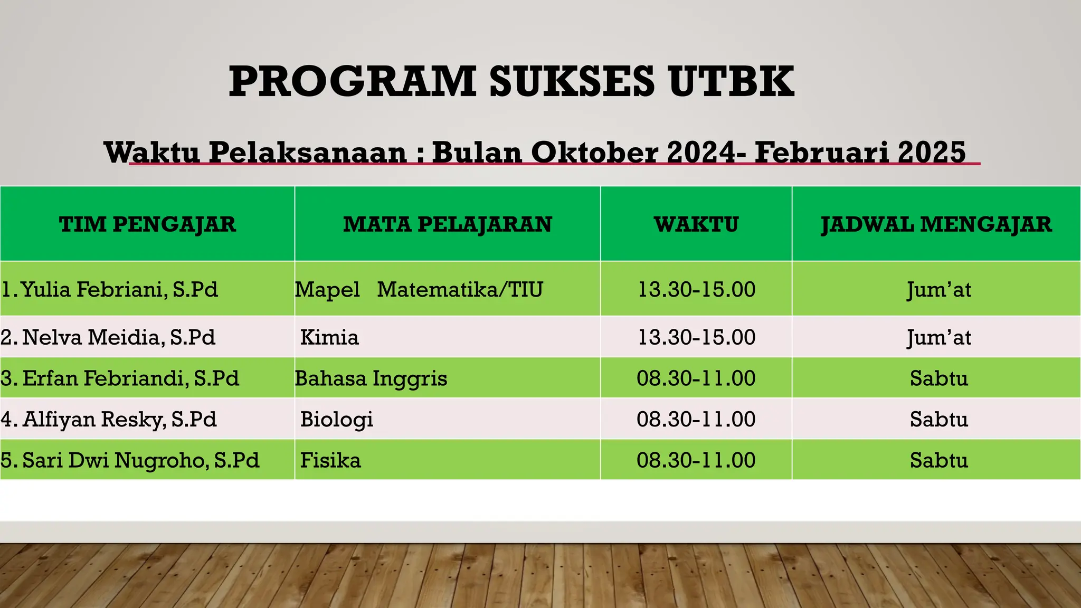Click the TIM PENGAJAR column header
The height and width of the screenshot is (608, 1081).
click(x=147, y=224)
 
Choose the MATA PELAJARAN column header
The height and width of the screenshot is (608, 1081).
click(x=447, y=224)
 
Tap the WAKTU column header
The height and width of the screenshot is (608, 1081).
click(x=696, y=224)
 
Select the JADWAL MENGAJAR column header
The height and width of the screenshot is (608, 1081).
click(x=936, y=224)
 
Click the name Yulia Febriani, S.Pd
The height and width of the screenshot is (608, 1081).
click(x=110, y=289)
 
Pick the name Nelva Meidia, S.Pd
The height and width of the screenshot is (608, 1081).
click(x=108, y=337)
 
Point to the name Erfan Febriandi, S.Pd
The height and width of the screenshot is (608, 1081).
click(x=120, y=378)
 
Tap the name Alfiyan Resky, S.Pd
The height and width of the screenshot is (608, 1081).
click(x=109, y=419)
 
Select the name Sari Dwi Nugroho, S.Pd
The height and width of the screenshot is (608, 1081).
click(x=130, y=460)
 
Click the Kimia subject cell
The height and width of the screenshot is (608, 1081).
click(x=329, y=337)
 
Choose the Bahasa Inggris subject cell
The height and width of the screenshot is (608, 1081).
click(x=371, y=378)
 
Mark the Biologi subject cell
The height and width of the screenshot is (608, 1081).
click(x=337, y=419)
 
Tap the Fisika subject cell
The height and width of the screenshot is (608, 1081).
click(x=330, y=460)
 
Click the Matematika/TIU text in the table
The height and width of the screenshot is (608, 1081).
click(x=460, y=289)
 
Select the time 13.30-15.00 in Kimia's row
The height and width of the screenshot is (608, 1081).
click(x=696, y=337)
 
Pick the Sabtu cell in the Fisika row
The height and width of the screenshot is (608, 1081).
click(x=938, y=460)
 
